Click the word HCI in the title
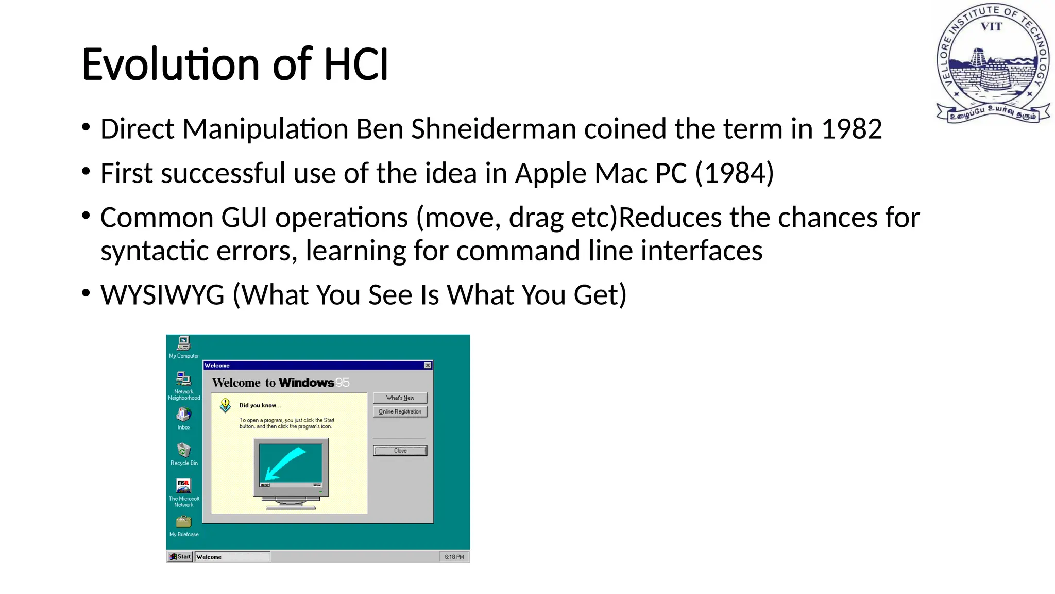(355, 65)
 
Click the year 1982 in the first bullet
(852, 129)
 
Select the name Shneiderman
(493, 129)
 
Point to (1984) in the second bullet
(734, 173)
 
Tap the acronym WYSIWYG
(162, 295)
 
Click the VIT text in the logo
(991, 27)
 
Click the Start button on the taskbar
(180, 557)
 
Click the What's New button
(400, 398)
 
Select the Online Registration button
(400, 412)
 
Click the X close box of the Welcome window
(428, 366)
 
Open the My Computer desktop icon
(184, 343)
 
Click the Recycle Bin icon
(184, 451)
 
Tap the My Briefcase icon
(184, 522)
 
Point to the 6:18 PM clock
(454, 557)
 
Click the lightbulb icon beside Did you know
(225, 405)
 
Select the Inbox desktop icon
(184, 415)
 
